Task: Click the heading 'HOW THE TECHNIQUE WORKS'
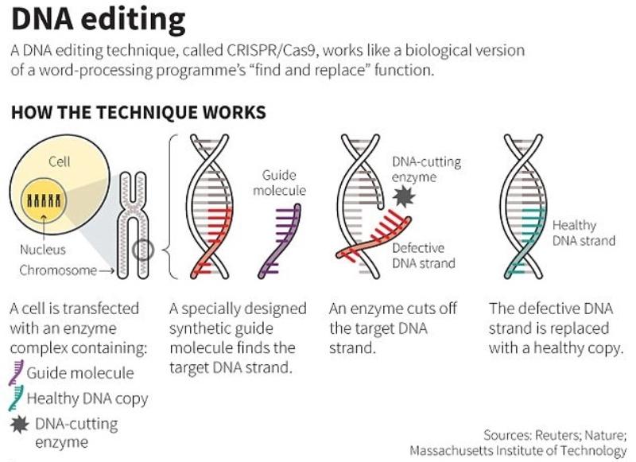(x=138, y=112)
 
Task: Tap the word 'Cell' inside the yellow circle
(x=60, y=161)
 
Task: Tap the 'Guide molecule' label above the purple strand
(x=279, y=182)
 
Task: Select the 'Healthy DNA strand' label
(x=584, y=233)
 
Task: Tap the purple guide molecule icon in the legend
(x=17, y=372)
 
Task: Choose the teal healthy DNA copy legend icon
(x=17, y=398)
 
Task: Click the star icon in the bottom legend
(x=17, y=425)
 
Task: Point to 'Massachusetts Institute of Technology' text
(x=518, y=451)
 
